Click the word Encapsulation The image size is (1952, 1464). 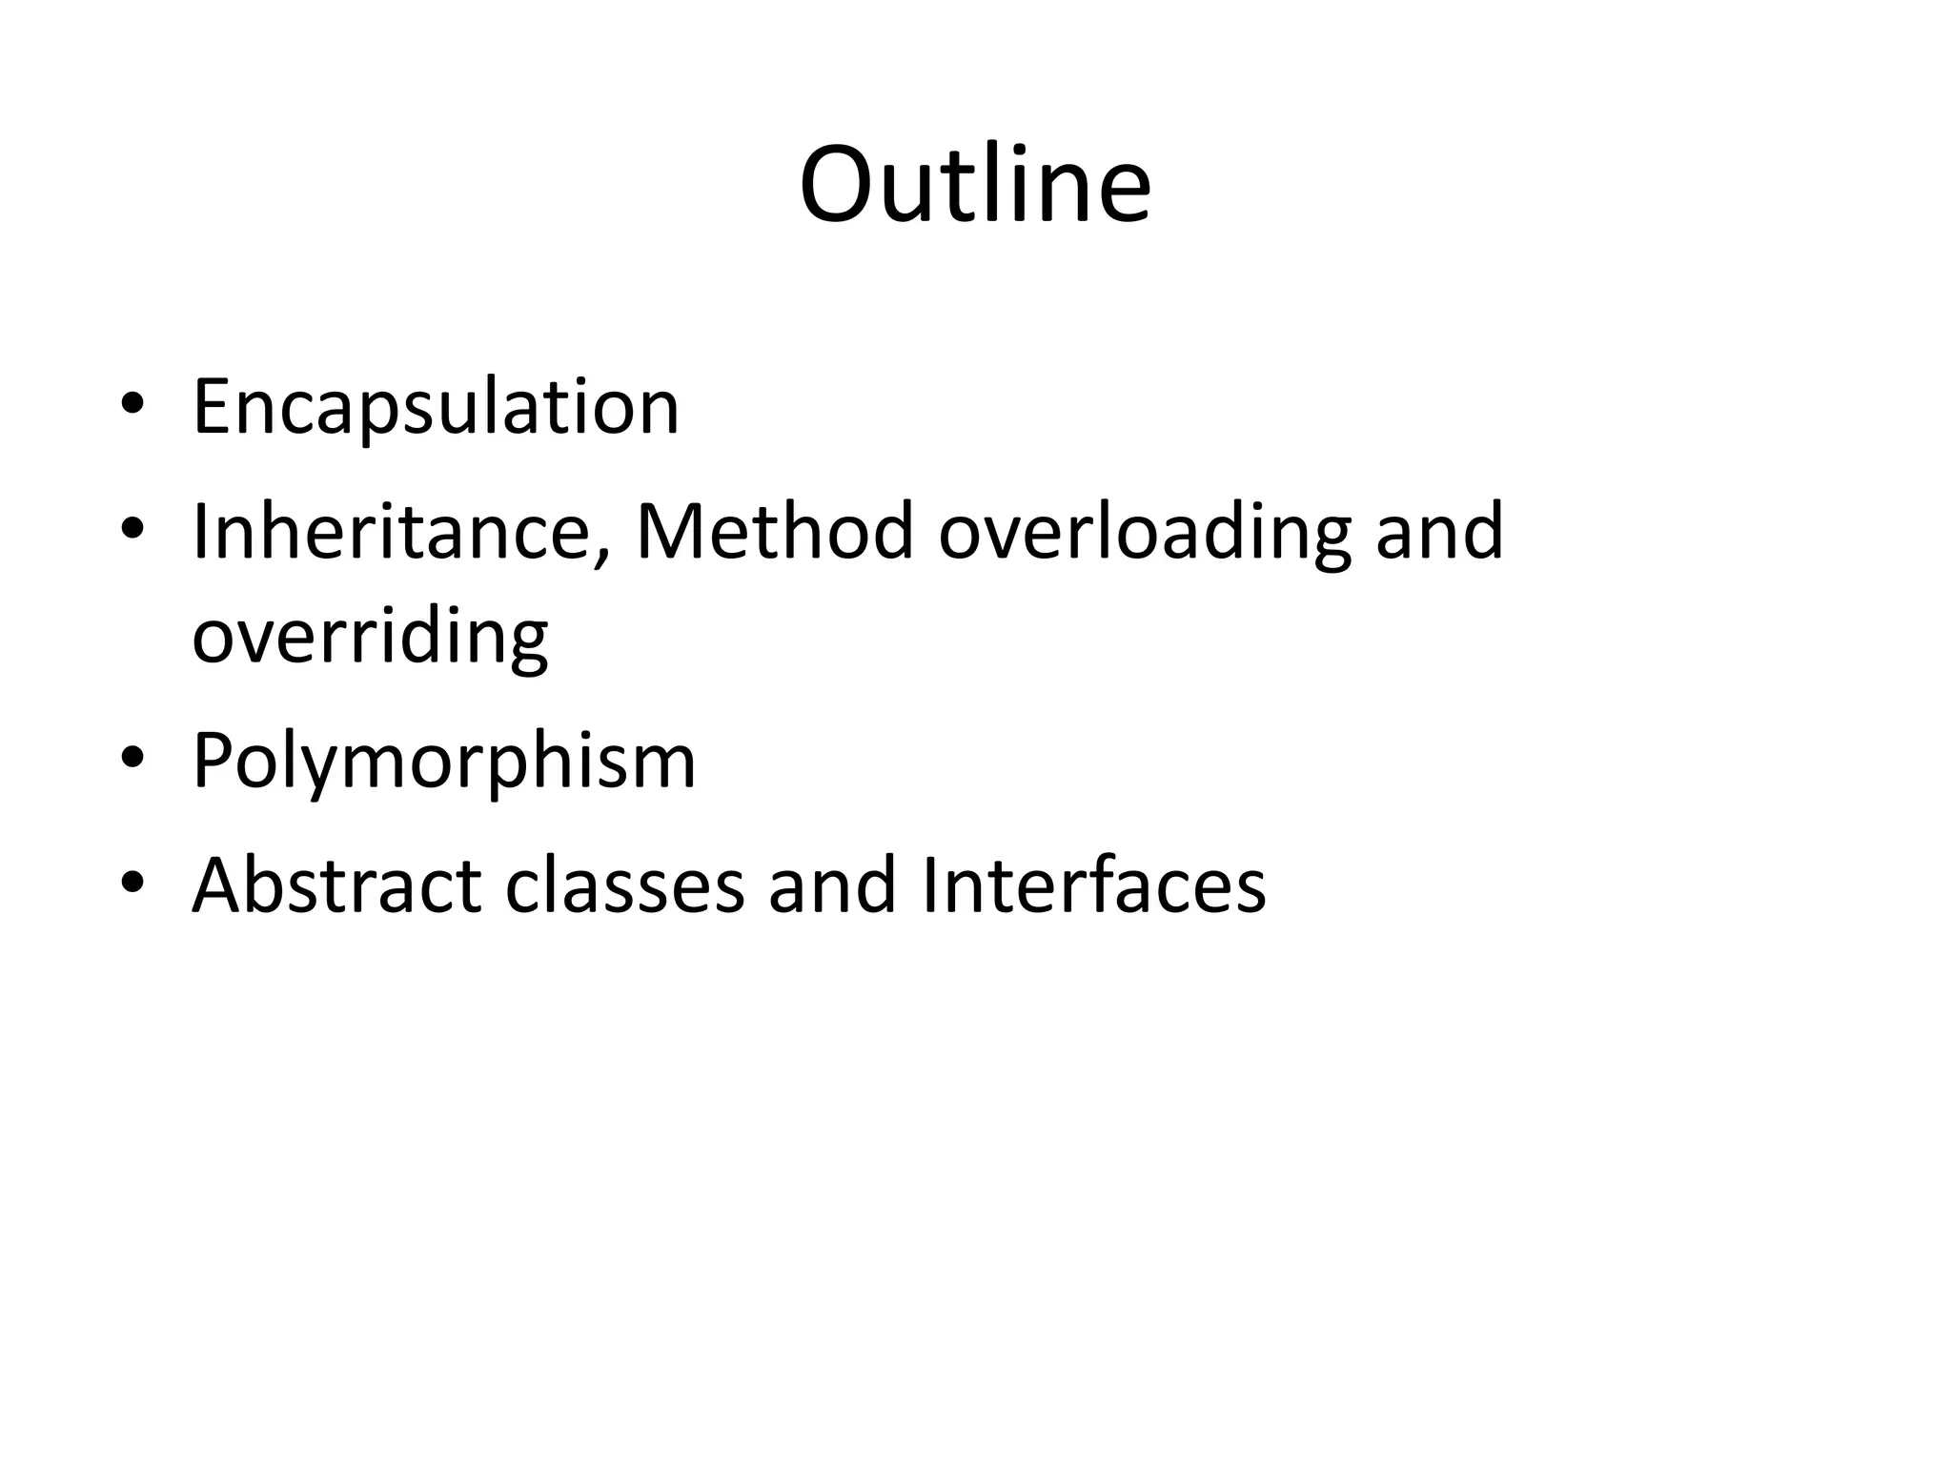tap(436, 408)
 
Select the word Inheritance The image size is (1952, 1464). tap(391, 531)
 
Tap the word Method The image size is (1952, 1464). tap(774, 531)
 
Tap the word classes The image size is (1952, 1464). tap(624, 885)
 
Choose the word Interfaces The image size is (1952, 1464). tap(1093, 885)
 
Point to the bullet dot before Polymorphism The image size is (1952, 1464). tap(132, 758)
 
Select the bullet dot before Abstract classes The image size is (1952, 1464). tap(132, 882)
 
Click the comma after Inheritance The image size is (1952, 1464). tap(601, 558)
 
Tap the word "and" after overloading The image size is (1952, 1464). tap(1439, 531)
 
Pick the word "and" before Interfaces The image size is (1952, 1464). tap(832, 885)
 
